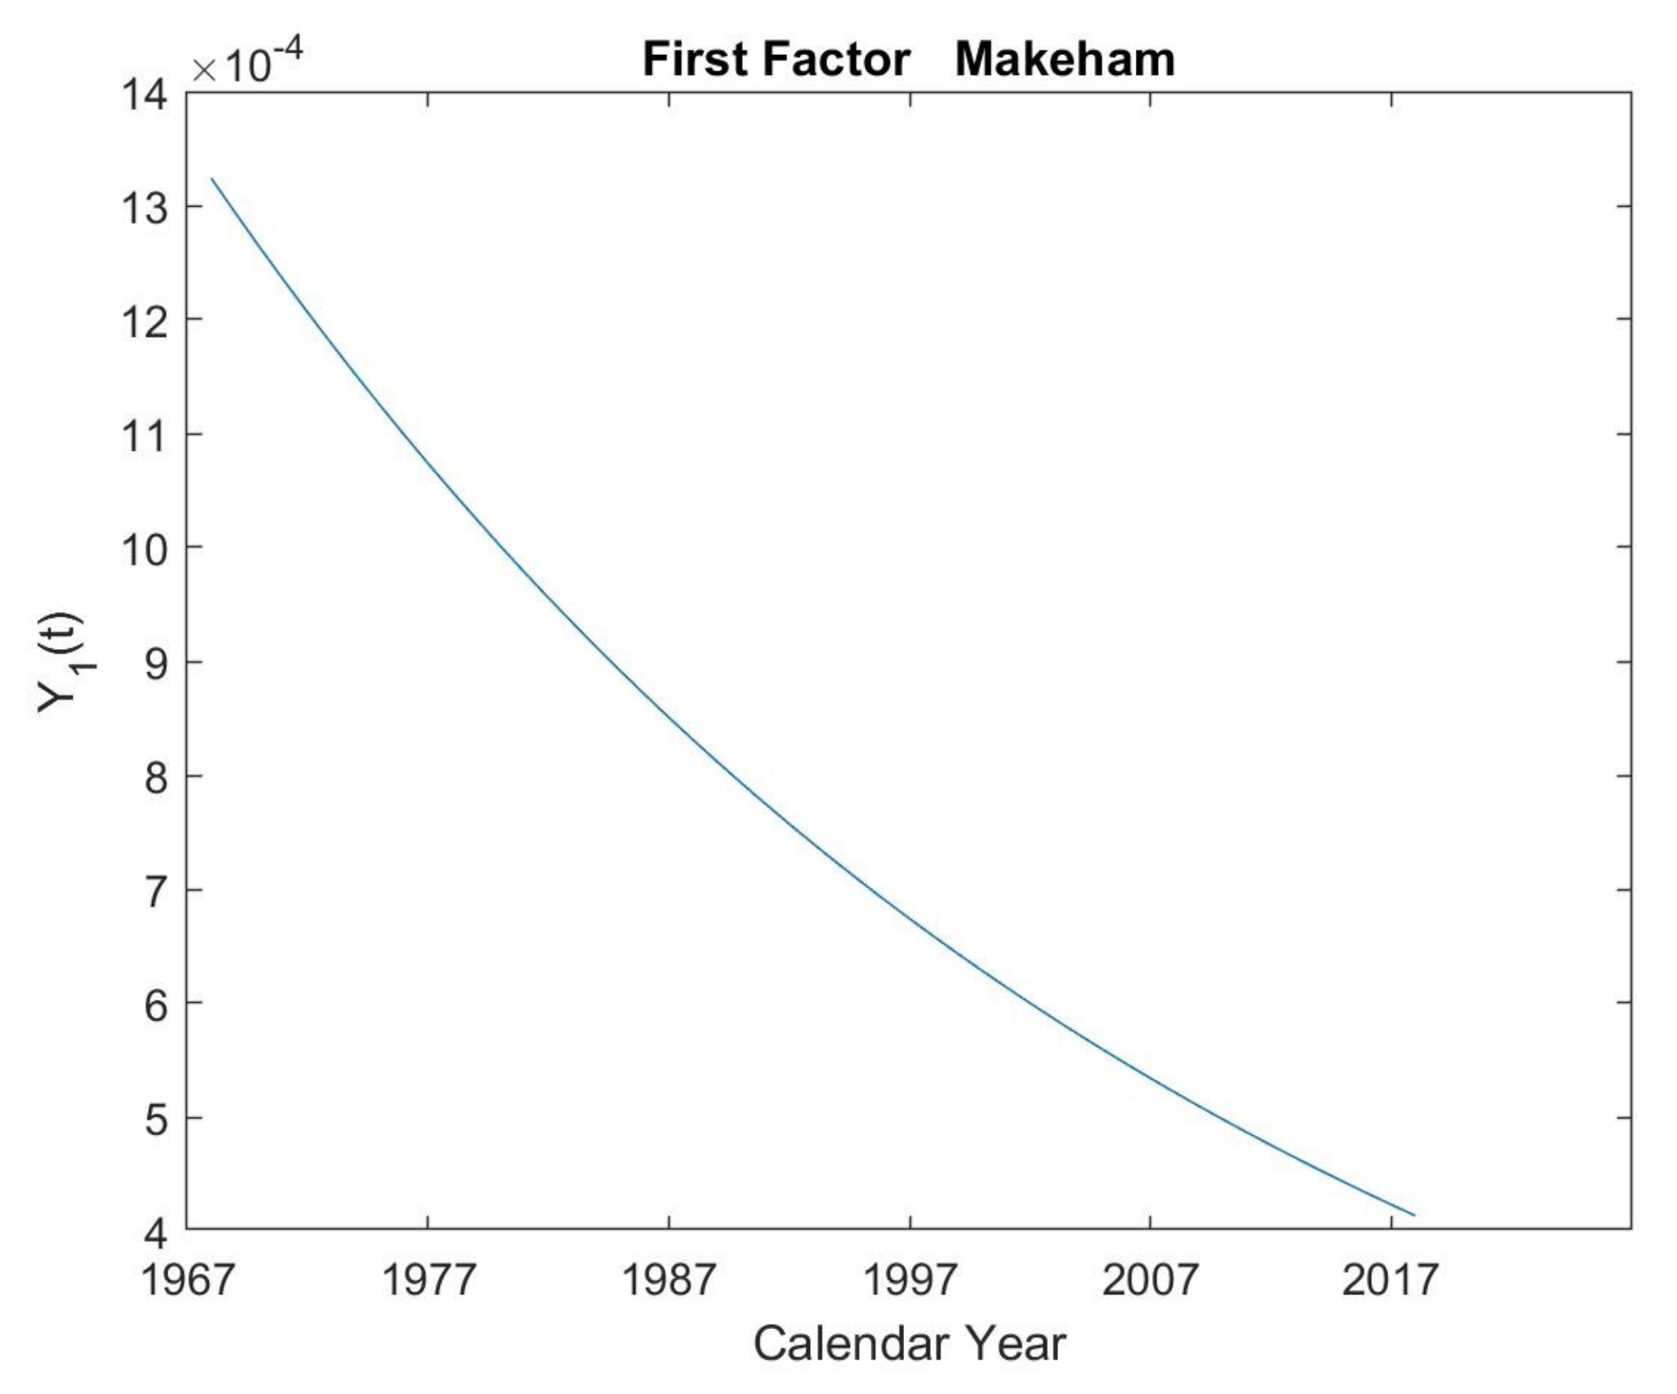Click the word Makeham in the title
click(x=1065, y=59)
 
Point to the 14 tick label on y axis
click(x=145, y=95)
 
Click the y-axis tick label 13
click(x=145, y=208)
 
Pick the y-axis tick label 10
click(x=145, y=549)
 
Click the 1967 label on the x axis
click(x=188, y=1279)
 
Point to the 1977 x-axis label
click(x=428, y=1279)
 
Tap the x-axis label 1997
click(x=910, y=1279)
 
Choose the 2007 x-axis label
click(x=1150, y=1279)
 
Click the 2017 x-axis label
click(x=1390, y=1279)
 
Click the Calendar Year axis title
click(x=909, y=1343)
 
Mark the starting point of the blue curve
click(x=212, y=178)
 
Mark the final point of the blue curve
click(x=1415, y=1215)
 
